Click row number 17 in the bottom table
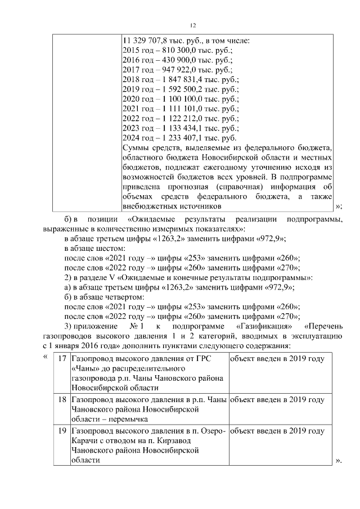click(x=62, y=358)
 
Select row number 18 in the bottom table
click(x=62, y=399)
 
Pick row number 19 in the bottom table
click(x=62, y=431)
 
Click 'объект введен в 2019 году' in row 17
click(x=277, y=358)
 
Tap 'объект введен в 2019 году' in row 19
click(x=277, y=431)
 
